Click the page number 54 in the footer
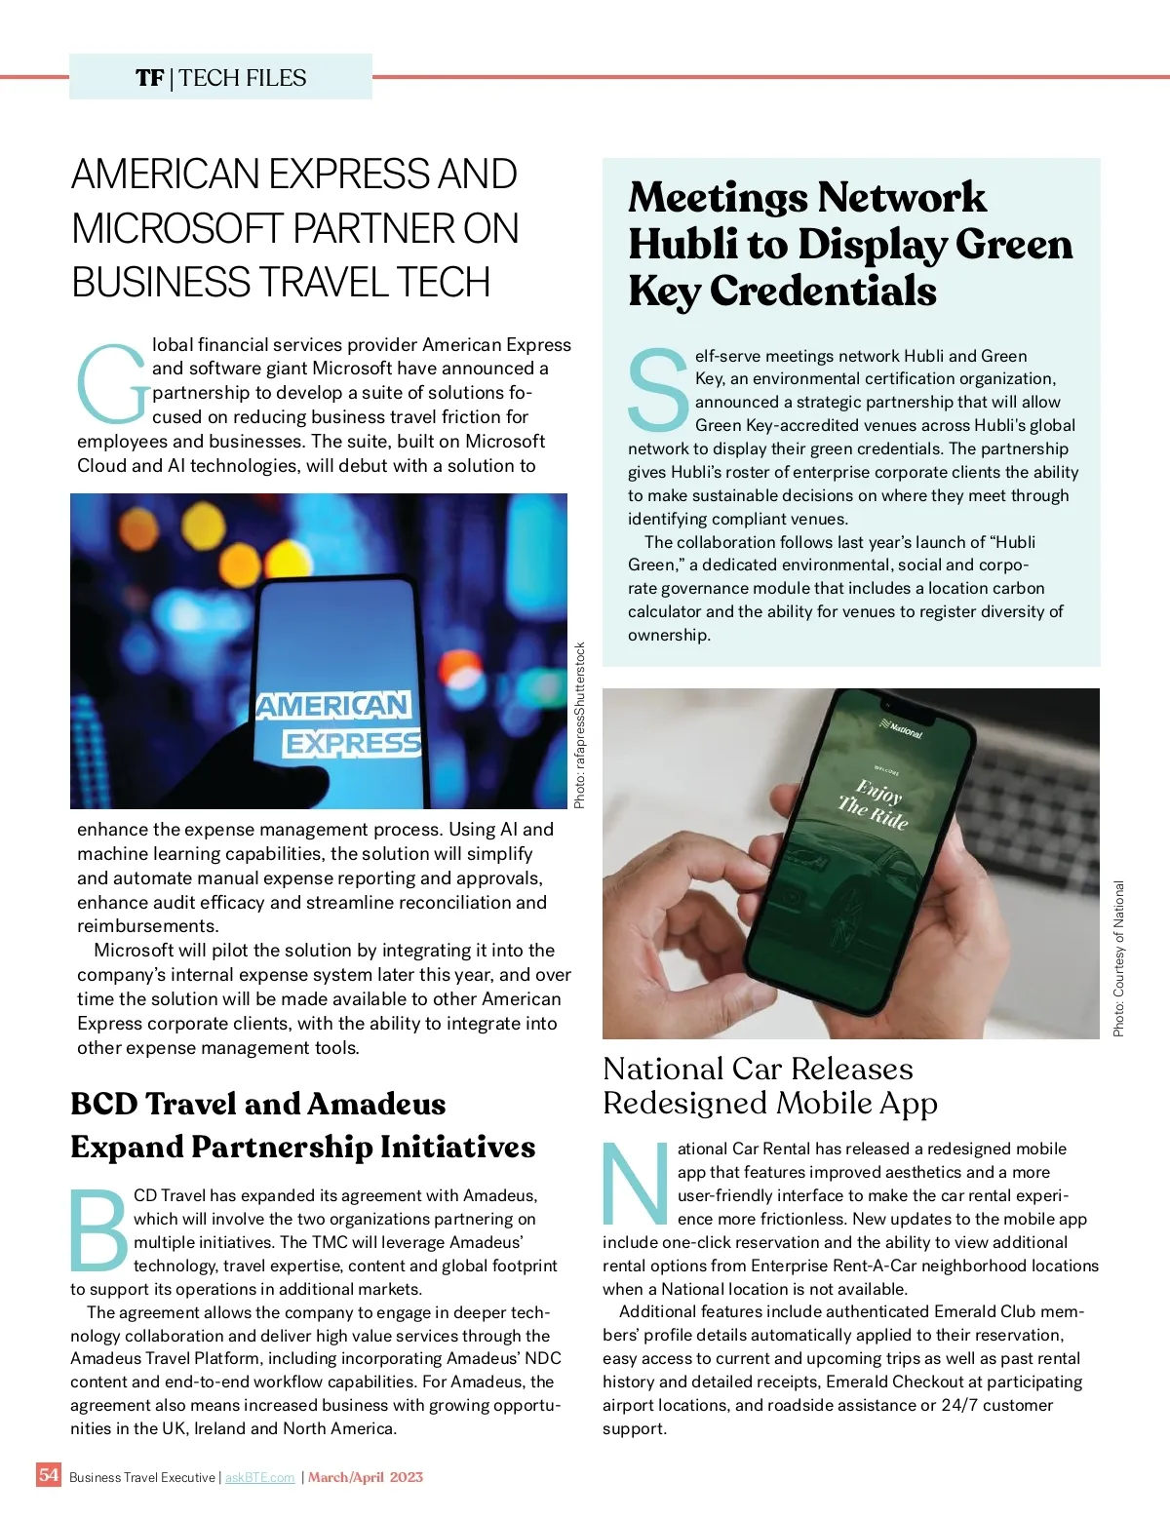click(49, 1474)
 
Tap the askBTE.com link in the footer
click(259, 1477)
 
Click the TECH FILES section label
click(243, 78)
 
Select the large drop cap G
click(112, 384)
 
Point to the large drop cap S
click(658, 390)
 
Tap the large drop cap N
click(636, 1184)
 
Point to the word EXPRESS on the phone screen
click(352, 744)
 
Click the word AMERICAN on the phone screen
click(332, 704)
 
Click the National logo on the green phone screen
click(902, 727)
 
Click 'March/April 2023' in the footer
click(366, 1477)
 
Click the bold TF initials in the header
click(150, 78)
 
